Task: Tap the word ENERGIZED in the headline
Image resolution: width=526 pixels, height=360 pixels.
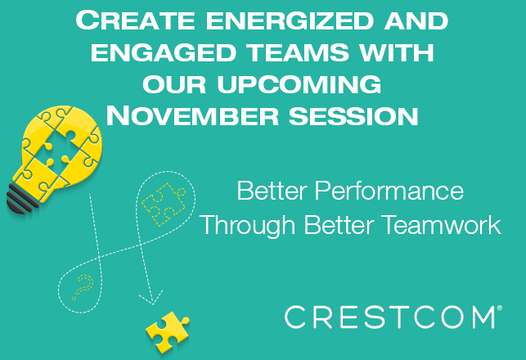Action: [290, 20]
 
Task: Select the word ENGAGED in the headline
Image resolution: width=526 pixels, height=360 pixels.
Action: [163, 52]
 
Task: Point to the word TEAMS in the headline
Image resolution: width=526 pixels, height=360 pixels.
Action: [298, 52]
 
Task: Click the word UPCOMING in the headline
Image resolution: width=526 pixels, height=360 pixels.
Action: [299, 84]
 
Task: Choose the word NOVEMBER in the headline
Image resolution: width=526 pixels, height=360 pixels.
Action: [192, 115]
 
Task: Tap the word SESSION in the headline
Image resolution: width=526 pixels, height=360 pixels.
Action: [353, 116]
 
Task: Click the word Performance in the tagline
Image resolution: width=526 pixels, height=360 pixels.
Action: [389, 191]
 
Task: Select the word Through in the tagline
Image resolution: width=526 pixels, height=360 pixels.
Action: [247, 225]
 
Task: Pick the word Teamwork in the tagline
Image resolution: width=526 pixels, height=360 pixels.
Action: [442, 224]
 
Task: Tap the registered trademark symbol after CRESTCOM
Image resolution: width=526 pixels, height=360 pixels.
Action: [500, 308]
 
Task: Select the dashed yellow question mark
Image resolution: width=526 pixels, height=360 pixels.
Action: [83, 287]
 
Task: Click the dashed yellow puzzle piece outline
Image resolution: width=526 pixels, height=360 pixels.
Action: [163, 203]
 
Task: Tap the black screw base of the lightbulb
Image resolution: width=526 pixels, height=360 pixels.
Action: [20, 200]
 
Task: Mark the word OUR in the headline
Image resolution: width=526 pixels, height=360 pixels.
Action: [174, 84]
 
